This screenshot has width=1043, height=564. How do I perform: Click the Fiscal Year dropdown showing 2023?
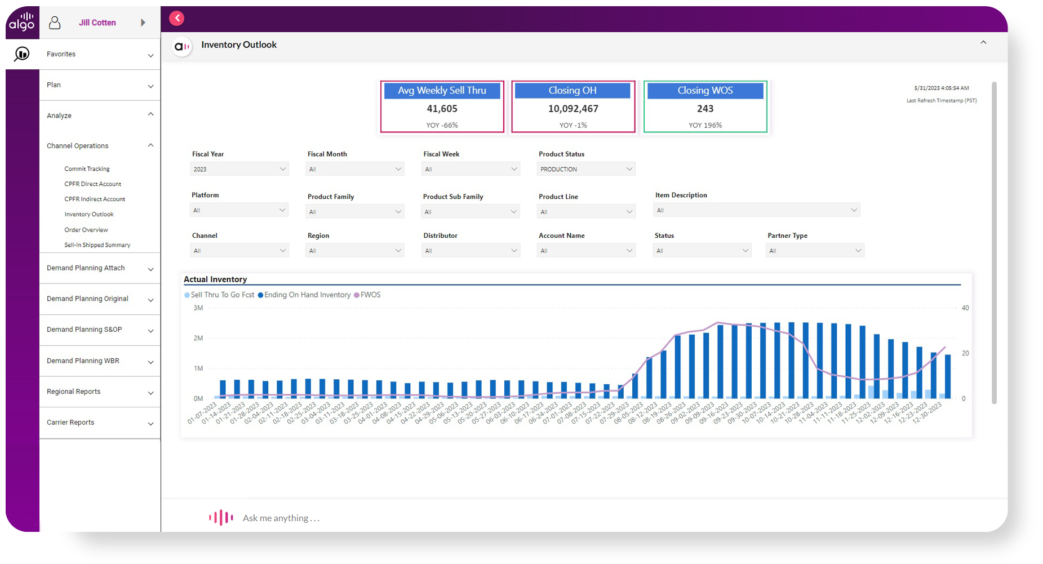coord(239,169)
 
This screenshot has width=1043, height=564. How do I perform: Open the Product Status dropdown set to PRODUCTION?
coord(586,169)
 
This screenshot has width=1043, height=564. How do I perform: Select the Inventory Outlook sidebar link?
coord(89,214)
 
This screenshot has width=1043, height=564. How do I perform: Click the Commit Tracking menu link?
coord(87,168)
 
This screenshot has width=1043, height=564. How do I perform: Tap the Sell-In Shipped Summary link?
coord(97,245)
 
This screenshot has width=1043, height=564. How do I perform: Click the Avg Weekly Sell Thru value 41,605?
coord(442,109)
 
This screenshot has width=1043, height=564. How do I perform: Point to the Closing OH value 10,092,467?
coord(573,109)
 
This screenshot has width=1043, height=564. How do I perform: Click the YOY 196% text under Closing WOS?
coord(705,125)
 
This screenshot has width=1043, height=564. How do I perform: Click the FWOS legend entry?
coord(370,295)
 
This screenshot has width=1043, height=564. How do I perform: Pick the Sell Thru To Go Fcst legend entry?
coord(222,295)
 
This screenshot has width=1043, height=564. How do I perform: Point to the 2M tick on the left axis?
coord(198,338)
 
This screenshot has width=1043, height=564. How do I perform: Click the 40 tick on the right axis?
coord(965,308)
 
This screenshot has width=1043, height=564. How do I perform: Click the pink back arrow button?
coord(177,19)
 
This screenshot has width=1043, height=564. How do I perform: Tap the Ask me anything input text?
coord(281,518)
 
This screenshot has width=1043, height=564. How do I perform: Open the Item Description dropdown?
coord(756,210)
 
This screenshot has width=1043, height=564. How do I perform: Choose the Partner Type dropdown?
coord(815,251)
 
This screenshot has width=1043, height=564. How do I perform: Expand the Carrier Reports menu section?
coord(99,423)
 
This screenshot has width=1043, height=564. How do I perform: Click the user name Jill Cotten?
coord(97,23)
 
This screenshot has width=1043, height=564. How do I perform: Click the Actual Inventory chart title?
coord(215,279)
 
